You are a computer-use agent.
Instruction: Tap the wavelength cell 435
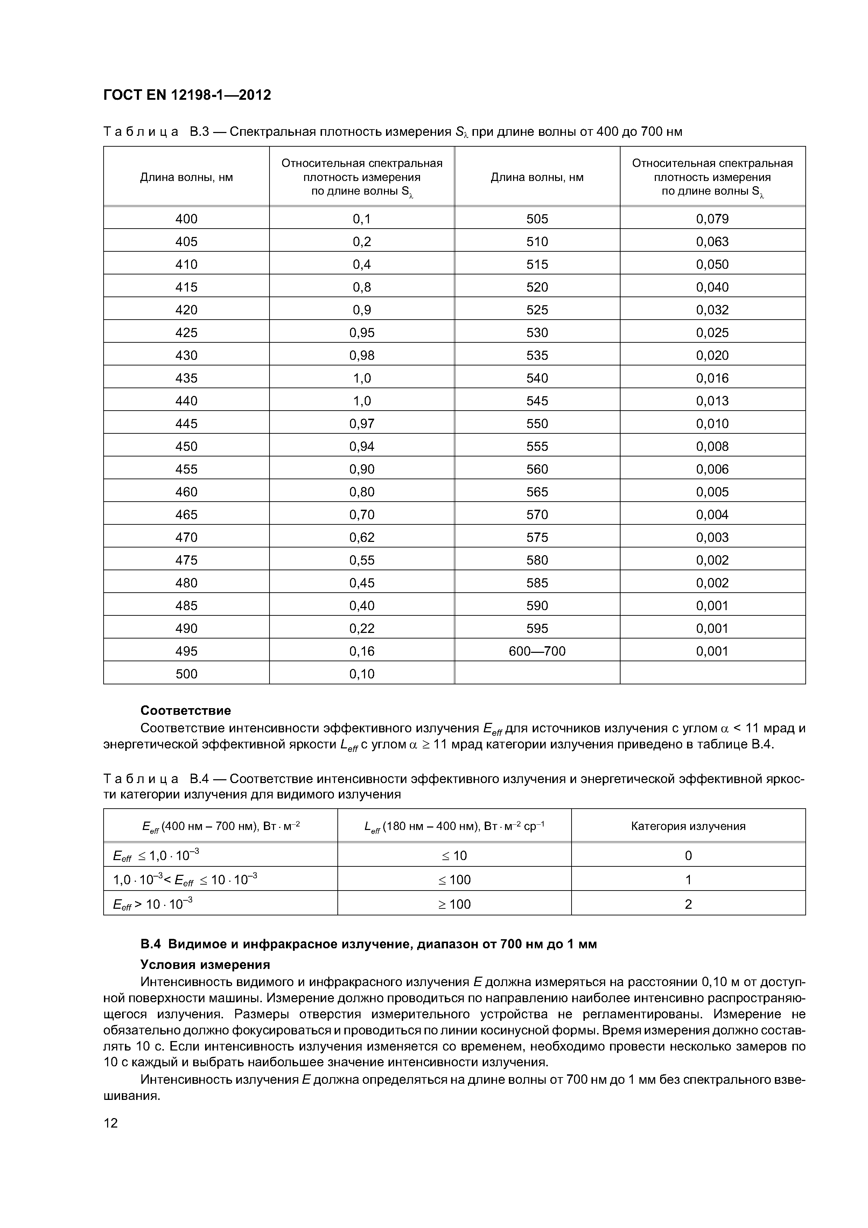(186, 378)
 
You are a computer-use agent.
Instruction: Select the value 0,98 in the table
(362, 355)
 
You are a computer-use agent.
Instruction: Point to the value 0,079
(712, 219)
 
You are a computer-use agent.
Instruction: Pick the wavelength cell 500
(186, 674)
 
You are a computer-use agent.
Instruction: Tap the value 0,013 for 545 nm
(712, 400)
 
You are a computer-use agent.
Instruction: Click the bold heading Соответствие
(185, 710)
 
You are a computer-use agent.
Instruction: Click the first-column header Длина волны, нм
(186, 177)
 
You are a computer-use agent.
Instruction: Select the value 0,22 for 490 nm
(362, 628)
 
